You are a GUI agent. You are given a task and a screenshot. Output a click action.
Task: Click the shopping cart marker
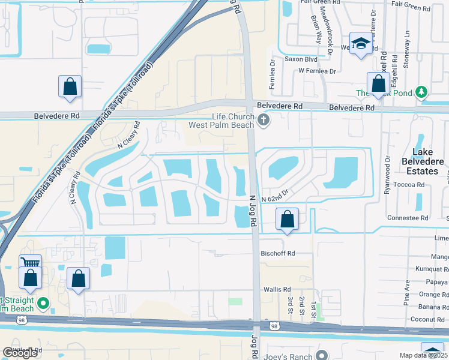[30, 263]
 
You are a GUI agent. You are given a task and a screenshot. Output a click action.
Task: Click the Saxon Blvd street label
[301, 59]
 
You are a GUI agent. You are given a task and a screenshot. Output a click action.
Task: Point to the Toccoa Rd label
[412, 185]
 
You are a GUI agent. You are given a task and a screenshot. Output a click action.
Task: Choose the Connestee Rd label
[408, 218]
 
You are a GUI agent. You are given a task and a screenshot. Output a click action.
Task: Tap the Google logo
[21, 353]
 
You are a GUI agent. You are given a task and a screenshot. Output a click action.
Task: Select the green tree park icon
[422, 92]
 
